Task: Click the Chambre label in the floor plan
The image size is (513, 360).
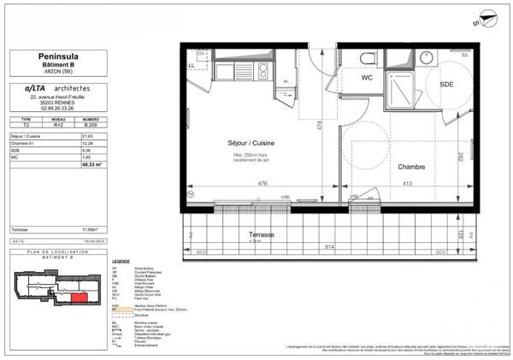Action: click(389, 168)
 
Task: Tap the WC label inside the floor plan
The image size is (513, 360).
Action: click(369, 78)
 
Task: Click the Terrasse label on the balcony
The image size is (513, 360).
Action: click(256, 233)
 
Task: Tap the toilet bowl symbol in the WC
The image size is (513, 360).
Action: click(367, 57)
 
